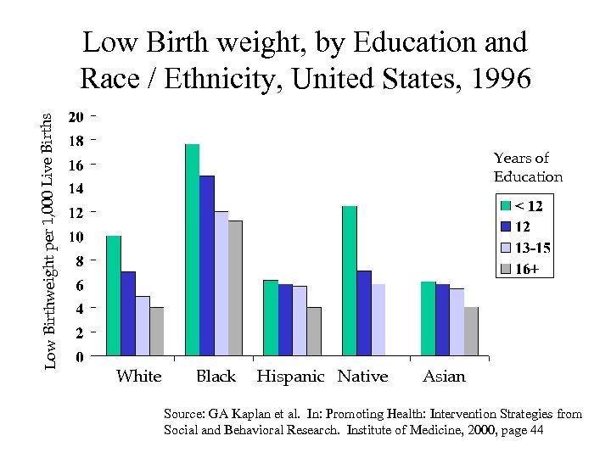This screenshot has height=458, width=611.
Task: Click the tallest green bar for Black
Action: point(192,249)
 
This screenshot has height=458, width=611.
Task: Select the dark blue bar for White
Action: point(128,313)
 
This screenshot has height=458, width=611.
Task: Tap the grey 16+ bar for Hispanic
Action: point(314,331)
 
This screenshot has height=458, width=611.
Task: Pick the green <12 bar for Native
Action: point(349,280)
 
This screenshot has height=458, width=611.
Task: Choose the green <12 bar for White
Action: point(114,295)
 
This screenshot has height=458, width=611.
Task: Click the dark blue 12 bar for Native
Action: point(363,312)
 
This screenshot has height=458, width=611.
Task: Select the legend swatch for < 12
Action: point(506,205)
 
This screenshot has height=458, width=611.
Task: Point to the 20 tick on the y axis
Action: point(76,115)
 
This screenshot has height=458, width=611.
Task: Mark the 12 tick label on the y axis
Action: point(76,211)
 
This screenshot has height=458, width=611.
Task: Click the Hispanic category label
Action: point(290,376)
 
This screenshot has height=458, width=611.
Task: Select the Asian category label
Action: point(444,376)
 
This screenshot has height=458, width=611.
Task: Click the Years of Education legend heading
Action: point(527,167)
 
